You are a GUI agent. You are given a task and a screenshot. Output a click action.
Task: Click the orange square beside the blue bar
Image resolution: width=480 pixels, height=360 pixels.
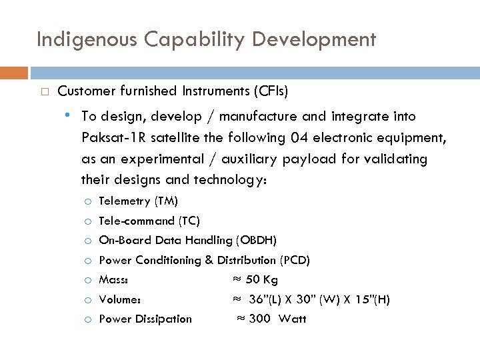[x=14, y=72]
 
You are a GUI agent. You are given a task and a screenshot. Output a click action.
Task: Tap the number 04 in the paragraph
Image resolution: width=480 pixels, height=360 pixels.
[x=299, y=138]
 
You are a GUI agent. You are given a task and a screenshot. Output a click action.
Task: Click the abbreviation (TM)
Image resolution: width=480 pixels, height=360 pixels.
[x=165, y=201]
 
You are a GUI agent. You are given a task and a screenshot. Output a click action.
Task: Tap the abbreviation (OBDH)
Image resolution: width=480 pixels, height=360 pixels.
[x=256, y=240]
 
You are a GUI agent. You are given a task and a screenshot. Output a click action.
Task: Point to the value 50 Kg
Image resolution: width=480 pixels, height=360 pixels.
[x=261, y=279]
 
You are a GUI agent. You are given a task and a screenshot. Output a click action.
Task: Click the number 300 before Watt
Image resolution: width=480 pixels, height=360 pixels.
[x=259, y=319]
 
